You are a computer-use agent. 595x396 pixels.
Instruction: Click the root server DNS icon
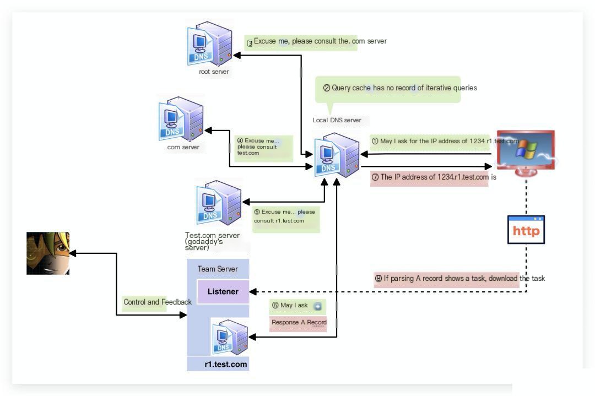tap(209, 44)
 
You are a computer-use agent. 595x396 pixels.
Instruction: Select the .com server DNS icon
tap(181, 119)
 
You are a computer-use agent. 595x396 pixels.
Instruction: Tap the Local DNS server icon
tap(337, 155)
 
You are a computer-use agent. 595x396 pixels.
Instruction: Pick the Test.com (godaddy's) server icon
tap(219, 203)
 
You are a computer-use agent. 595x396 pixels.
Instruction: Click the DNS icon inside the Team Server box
tap(230, 337)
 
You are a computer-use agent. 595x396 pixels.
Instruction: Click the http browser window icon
tap(526, 230)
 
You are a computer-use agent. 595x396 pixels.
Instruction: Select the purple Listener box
tap(223, 292)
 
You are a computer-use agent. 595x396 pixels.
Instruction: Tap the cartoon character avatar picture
tap(48, 253)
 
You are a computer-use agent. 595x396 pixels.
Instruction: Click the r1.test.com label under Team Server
tap(226, 364)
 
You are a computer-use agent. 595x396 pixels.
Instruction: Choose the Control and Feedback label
tap(158, 302)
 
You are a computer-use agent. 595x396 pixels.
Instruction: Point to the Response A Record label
tap(299, 322)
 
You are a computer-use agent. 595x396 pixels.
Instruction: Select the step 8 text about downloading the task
tap(459, 279)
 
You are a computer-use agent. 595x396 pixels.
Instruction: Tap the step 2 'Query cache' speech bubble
tap(388, 90)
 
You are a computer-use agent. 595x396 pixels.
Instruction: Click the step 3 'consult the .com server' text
tap(317, 41)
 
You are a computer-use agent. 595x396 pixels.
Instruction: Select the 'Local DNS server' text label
tap(337, 120)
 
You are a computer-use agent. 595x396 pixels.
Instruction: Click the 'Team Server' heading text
tap(218, 269)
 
